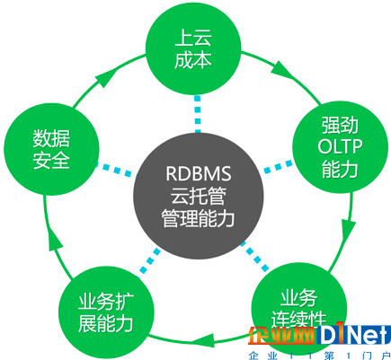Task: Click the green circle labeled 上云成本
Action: point(193,48)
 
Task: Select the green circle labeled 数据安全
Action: point(51,149)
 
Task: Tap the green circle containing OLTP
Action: point(340,146)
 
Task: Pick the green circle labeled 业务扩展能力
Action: point(106,312)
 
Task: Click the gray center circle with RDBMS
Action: point(198,195)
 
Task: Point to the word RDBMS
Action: point(199,173)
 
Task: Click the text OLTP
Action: point(340,146)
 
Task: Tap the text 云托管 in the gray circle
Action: point(198,196)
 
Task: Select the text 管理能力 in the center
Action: point(198,218)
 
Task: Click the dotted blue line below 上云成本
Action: point(197,114)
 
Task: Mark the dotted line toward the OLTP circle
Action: point(278,166)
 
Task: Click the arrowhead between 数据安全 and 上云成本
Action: point(105,76)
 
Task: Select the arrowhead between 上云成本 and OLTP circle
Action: point(281,71)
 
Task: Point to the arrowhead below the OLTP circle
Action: point(349,232)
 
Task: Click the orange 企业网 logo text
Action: point(281,335)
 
